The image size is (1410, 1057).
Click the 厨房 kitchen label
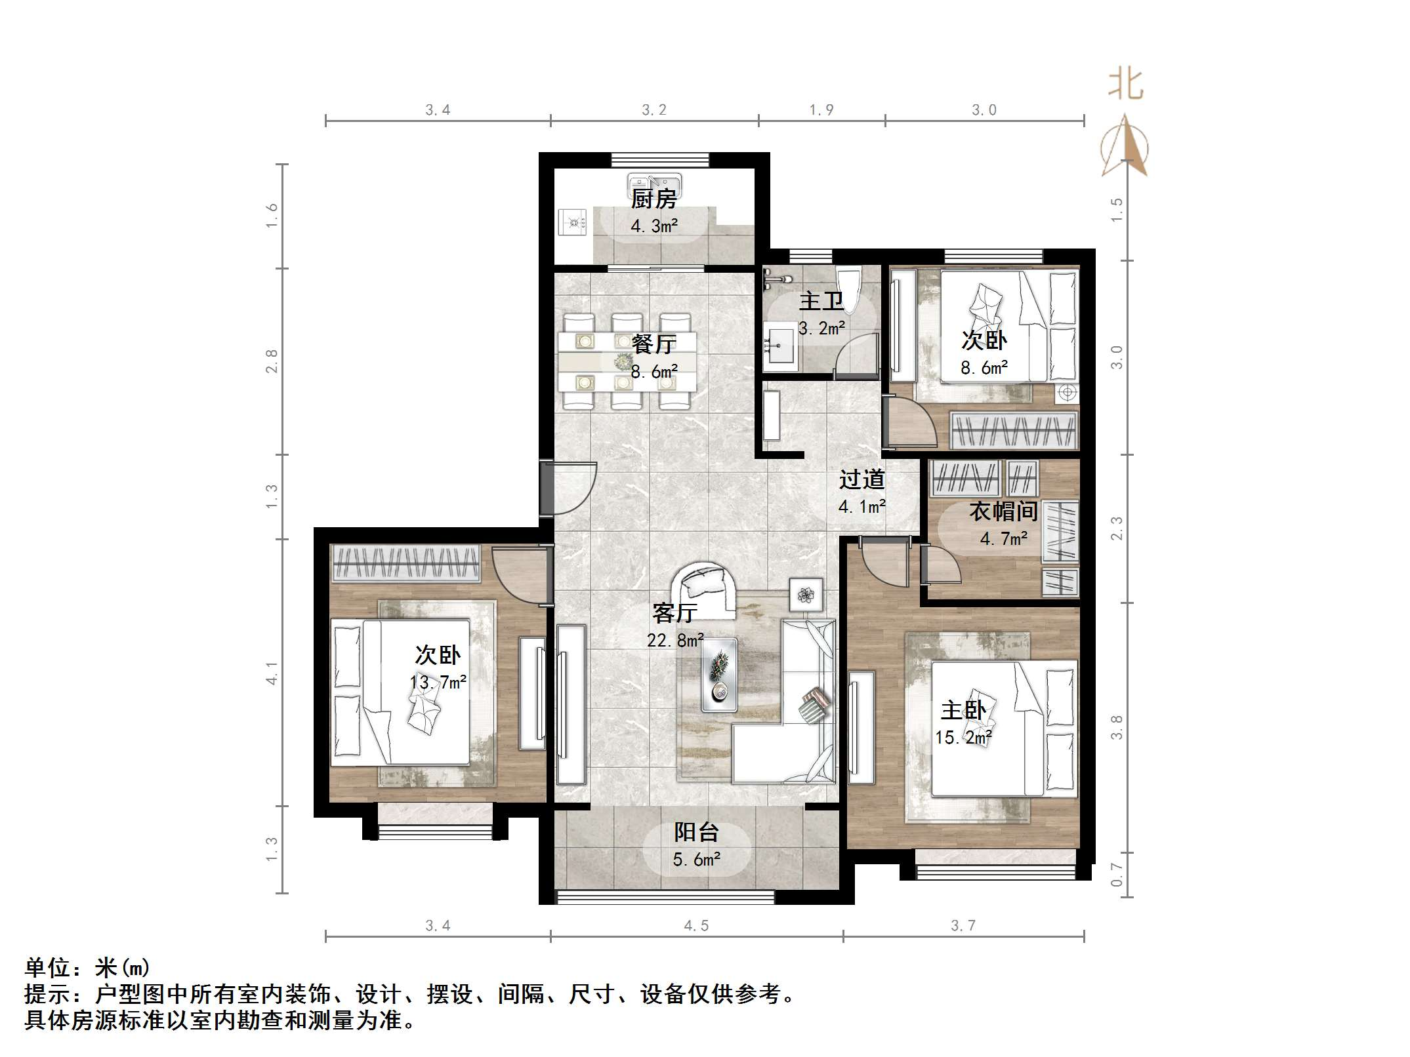point(653,199)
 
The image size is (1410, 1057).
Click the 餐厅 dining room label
point(653,344)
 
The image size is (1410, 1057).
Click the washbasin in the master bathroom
point(779,344)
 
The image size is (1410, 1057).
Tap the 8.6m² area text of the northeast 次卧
point(984,368)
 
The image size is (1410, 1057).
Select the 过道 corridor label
point(861,479)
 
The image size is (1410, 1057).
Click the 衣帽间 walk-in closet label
point(1003,511)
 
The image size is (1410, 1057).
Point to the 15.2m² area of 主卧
point(963,737)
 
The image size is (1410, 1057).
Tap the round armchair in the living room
point(704,589)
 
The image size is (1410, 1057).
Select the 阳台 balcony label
point(696,832)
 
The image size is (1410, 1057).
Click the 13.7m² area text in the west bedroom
point(438,682)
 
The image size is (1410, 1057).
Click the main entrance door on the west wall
point(547,489)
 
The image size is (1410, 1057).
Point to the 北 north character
point(1125,85)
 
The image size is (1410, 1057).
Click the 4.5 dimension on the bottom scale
point(696,925)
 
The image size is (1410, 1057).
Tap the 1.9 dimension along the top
point(821,110)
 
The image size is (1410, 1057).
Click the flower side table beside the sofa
point(805,595)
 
